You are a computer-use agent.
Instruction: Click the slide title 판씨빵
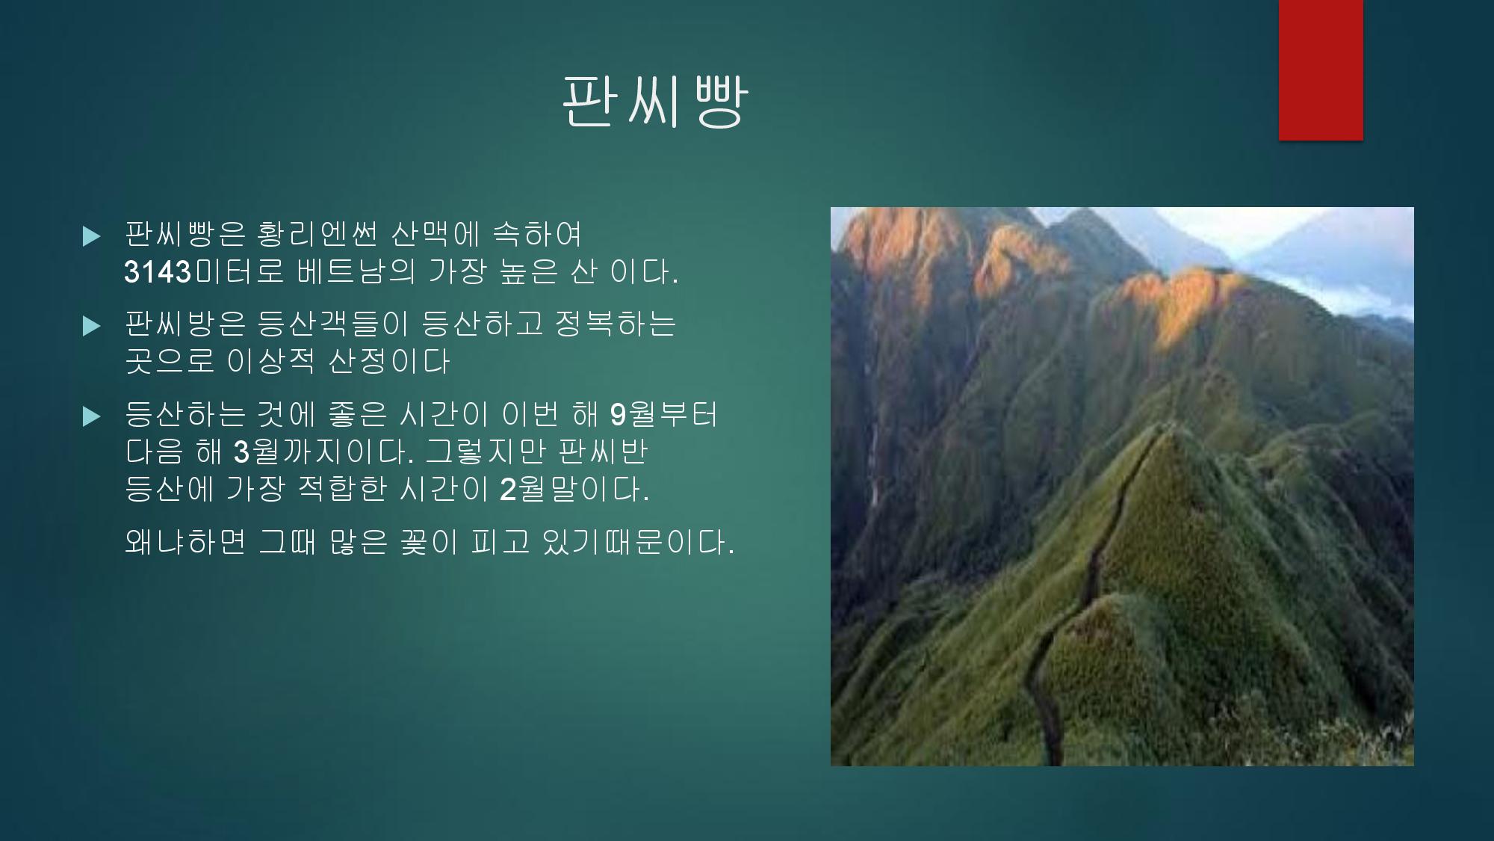click(654, 102)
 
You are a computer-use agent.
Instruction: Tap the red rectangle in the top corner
click(1321, 70)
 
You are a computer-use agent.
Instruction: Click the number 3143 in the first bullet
click(158, 273)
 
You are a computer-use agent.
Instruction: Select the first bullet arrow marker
click(92, 237)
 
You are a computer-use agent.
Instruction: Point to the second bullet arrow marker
click(92, 327)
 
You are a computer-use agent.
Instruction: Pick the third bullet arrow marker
click(92, 416)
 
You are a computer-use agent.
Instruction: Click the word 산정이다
click(389, 362)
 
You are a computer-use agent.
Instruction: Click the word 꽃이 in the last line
click(428, 542)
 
